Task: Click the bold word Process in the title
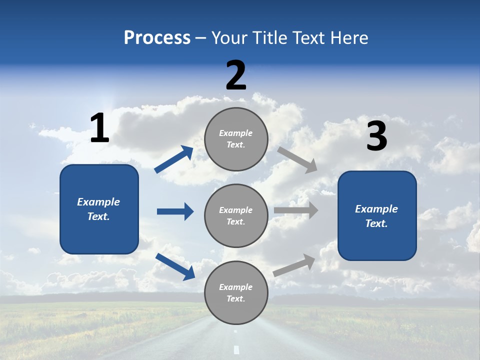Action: (157, 38)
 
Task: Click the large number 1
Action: (99, 128)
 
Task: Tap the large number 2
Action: (236, 75)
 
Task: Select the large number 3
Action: (376, 136)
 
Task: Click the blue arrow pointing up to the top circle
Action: (173, 159)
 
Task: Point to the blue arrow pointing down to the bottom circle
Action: (175, 266)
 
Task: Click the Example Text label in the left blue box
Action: (98, 209)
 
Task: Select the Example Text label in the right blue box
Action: (376, 216)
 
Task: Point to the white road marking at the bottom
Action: (236, 349)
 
